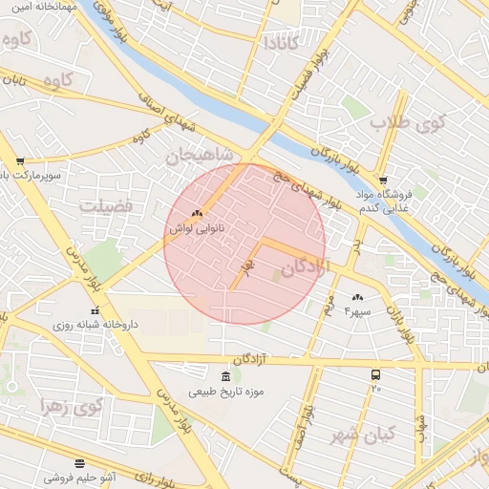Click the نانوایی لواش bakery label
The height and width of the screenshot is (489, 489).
[x=189, y=229]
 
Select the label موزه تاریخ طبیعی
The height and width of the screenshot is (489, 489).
[x=226, y=392]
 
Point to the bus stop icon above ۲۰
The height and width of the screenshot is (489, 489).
[x=376, y=374]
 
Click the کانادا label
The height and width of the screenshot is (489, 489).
[x=282, y=43]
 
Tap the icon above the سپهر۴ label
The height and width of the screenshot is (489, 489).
[x=358, y=298]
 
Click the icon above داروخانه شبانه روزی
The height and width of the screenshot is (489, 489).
[x=94, y=310]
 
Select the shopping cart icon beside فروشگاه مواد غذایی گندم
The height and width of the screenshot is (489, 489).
[x=383, y=180]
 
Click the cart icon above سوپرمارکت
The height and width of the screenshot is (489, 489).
[x=20, y=161]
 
